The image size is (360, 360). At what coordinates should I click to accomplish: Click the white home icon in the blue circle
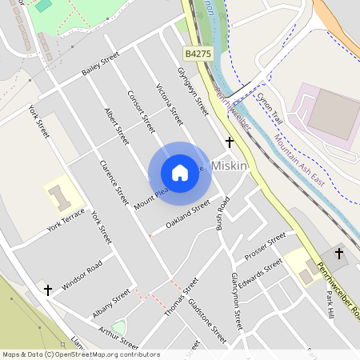click(x=180, y=173)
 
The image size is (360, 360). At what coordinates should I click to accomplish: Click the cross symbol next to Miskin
click(x=230, y=142)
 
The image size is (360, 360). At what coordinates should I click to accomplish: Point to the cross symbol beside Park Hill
click(x=338, y=254)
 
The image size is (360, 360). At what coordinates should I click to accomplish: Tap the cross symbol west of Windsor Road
click(x=48, y=289)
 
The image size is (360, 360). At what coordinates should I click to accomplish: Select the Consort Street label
click(x=140, y=110)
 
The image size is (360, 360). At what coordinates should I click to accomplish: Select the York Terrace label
click(x=66, y=220)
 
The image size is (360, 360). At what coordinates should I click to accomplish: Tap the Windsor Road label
click(x=82, y=274)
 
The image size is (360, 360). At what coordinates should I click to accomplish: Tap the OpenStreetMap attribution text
click(x=81, y=354)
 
